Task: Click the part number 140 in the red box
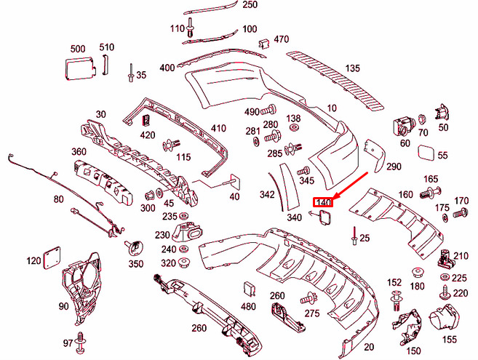[x=322, y=201]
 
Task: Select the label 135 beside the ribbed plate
[x=352, y=68]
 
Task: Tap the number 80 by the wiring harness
[x=58, y=199]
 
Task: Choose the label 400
[x=167, y=68]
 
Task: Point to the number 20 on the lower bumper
[x=368, y=347]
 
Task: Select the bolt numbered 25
[x=354, y=236]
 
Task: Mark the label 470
[x=281, y=39]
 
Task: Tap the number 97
[x=68, y=343]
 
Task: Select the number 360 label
[x=79, y=151]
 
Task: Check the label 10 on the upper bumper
[x=332, y=108]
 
